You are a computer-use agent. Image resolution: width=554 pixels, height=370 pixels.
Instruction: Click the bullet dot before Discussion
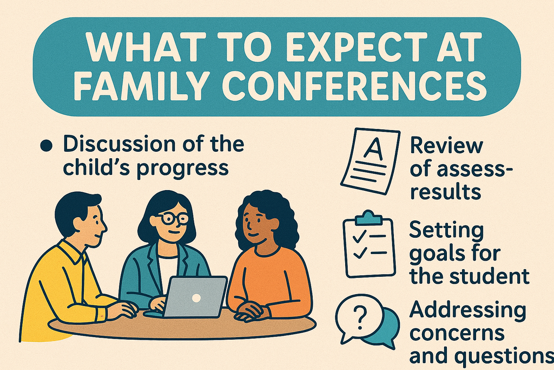47,146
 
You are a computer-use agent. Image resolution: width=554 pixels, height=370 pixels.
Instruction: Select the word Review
446,145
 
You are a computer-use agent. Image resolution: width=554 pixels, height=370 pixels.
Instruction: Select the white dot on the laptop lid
196,297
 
